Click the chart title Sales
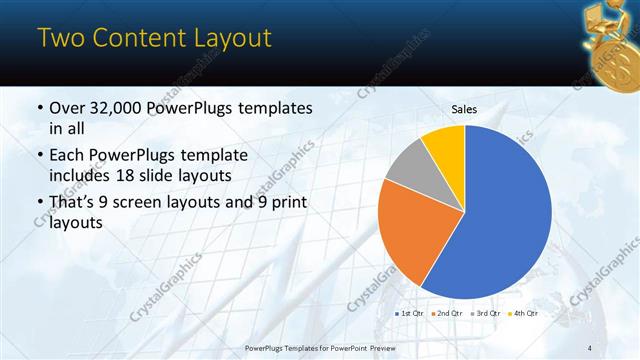click(x=464, y=111)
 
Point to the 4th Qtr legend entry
click(x=524, y=313)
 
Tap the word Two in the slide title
click(x=59, y=39)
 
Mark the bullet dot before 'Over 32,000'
click(x=39, y=108)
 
